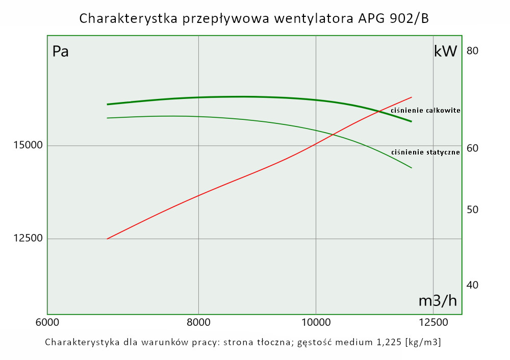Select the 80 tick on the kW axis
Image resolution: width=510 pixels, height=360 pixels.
coord(472,50)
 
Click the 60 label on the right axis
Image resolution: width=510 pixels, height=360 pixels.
coord(472,148)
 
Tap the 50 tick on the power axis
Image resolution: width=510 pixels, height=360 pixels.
coord(472,210)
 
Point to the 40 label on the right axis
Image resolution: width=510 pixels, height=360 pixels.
coord(472,285)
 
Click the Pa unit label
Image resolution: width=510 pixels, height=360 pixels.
coord(61,52)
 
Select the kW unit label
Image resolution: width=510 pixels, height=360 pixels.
coord(445,51)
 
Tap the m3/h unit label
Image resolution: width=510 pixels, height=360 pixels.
coord(438,301)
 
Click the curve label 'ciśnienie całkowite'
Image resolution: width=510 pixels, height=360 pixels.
coord(426,110)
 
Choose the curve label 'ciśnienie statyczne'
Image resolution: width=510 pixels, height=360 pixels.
coord(426,152)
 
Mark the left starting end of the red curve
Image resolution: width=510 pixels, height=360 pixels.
coord(107,239)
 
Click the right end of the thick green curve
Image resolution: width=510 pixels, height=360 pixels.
coord(411,121)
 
